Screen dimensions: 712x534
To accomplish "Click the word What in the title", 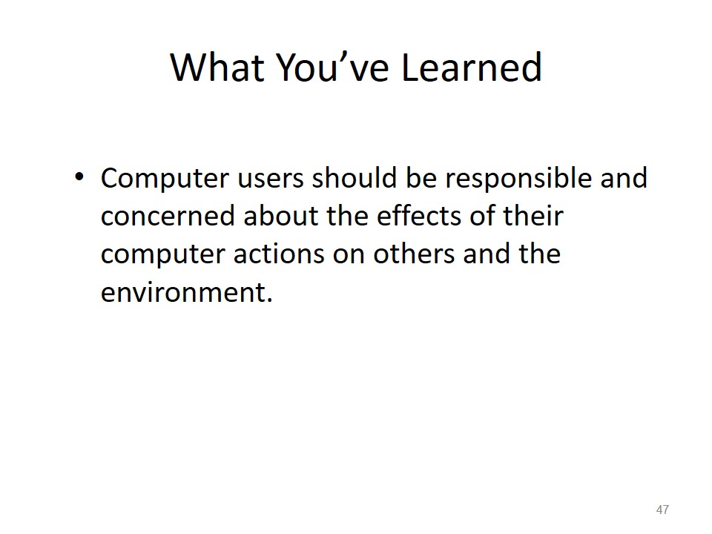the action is (x=217, y=67).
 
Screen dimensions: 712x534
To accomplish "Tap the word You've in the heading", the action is (x=333, y=67).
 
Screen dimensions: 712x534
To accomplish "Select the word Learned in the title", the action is (x=472, y=67).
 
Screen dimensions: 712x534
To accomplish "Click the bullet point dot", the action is (x=79, y=177).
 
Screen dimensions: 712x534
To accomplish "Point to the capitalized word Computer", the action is (x=165, y=178).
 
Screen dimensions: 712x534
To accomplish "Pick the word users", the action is (x=271, y=178).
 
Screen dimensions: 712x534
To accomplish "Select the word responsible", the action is (x=519, y=178).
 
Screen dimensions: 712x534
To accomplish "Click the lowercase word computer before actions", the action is (x=163, y=254).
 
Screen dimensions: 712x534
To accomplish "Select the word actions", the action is (x=280, y=254).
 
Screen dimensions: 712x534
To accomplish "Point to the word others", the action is (x=414, y=254).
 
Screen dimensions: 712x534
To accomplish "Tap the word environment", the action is (x=183, y=292).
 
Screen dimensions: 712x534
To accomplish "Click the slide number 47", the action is (x=662, y=510).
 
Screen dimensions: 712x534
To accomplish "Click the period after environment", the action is (x=270, y=300).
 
